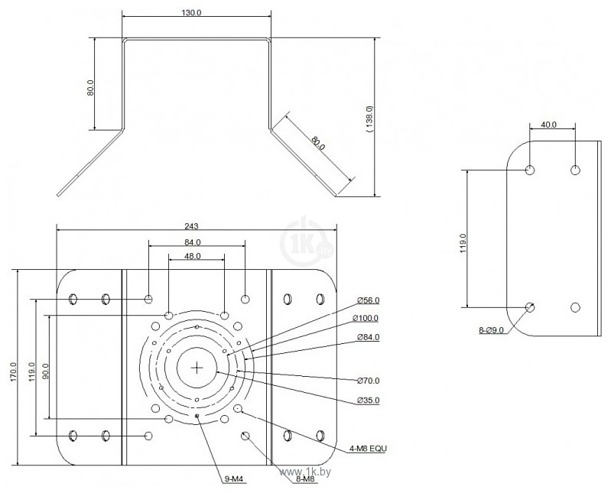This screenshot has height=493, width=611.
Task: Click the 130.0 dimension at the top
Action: pos(191,12)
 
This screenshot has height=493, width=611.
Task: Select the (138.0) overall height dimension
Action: pos(370,120)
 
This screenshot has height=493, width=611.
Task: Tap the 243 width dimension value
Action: pos(191,226)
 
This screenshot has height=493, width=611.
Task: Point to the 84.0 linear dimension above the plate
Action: pos(193,242)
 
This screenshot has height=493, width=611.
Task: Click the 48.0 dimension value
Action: pos(193,256)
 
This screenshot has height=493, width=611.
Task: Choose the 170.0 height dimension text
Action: pos(13,371)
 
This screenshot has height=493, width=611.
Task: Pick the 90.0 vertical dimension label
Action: pos(46,371)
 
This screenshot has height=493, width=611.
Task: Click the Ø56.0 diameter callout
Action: pos(369,300)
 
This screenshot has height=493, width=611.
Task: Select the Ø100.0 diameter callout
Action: pos(366,318)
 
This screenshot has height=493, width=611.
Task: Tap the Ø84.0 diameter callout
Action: pos(369,337)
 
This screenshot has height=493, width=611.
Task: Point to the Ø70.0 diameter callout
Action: pos(369,381)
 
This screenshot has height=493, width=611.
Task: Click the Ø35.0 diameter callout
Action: pos(369,401)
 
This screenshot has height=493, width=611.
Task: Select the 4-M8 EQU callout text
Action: pos(369,449)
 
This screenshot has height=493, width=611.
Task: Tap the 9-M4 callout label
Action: pos(234,479)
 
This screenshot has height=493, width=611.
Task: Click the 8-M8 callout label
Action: pos(305,479)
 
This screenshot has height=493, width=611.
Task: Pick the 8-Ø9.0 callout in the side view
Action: pos(492,330)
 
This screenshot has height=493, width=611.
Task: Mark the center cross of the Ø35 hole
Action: pos(197,367)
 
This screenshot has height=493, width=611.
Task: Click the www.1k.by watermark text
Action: pos(306,472)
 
